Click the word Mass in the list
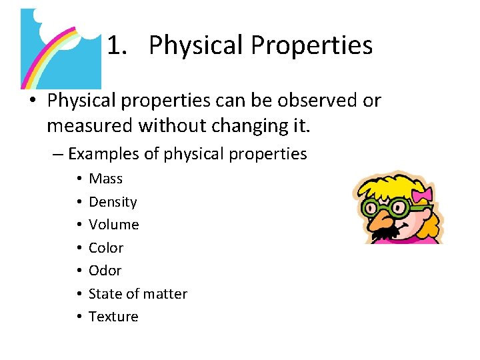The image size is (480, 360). tap(105, 179)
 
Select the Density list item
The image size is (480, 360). tap(113, 202)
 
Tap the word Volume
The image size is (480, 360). tap(113, 225)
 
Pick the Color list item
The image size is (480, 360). tap(106, 248)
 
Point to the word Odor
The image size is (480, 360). tap(105, 271)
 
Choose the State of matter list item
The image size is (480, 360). tap(137, 294)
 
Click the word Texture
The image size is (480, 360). tap(113, 317)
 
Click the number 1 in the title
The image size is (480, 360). tap(115, 45)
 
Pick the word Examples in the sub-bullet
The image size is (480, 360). tap(103, 154)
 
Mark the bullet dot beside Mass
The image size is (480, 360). tap(79, 179)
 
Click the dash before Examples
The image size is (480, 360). tap(57, 154)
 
